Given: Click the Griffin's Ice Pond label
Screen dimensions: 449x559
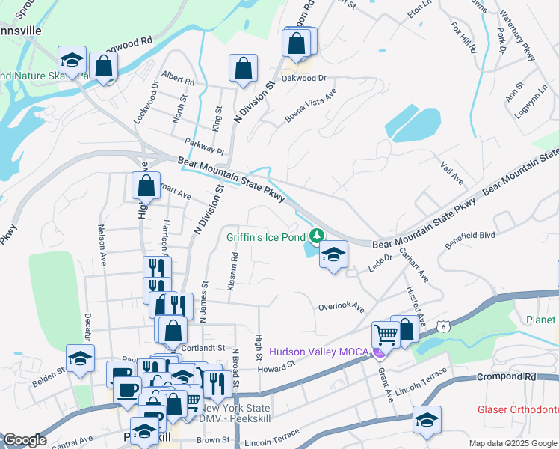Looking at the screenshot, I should (266, 237).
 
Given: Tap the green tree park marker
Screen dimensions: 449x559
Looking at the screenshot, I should (317, 236).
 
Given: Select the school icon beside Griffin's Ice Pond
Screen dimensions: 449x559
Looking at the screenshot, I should (333, 256).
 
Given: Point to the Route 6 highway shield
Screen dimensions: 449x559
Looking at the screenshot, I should (444, 326).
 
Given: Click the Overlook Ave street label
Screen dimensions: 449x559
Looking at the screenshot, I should (341, 307).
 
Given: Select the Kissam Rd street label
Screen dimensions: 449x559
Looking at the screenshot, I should (235, 266).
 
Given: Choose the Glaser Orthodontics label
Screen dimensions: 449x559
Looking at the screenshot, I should (518, 410).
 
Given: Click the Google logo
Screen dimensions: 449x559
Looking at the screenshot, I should (25, 440).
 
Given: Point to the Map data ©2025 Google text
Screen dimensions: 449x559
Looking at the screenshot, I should (513, 443).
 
